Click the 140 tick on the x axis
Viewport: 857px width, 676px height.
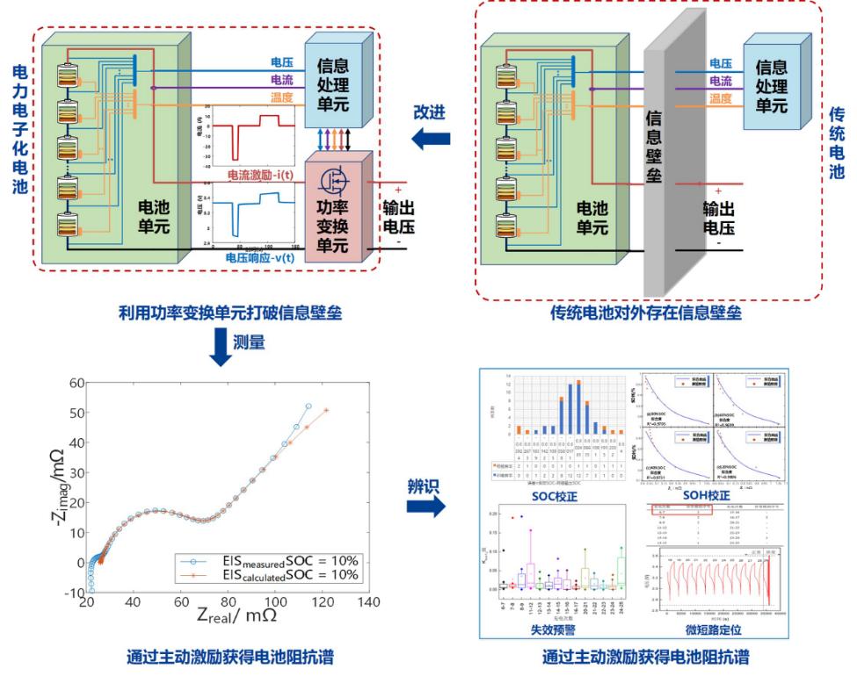tap(369, 602)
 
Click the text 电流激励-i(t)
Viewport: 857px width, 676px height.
tap(262, 176)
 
